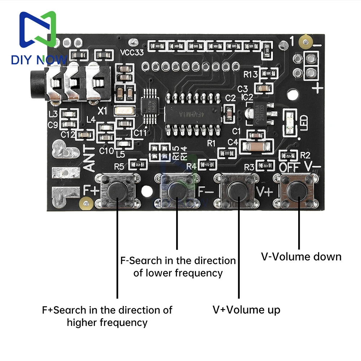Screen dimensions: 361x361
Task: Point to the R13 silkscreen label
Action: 251,75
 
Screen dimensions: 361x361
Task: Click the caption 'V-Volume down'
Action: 301,257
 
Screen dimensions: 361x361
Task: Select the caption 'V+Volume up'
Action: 246,310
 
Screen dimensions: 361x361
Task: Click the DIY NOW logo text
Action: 39,60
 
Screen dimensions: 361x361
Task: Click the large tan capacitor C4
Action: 255,147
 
